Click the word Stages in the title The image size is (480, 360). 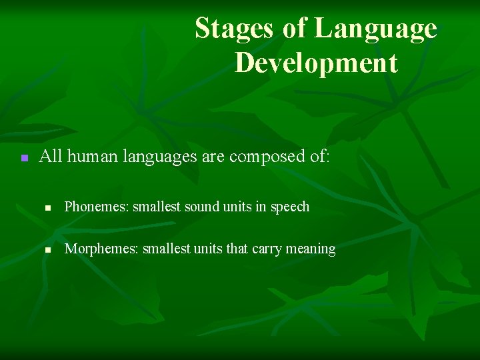tap(234, 29)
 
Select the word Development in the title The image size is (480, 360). tap(316, 63)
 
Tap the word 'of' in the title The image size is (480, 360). tap(294, 29)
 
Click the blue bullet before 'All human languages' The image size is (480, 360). tap(23, 158)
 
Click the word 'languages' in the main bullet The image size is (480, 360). tap(153, 158)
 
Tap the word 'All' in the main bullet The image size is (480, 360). tap(51, 157)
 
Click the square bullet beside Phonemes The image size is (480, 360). tap(48, 208)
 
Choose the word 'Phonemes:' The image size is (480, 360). tap(96, 207)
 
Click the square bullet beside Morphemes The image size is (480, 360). tap(48, 250)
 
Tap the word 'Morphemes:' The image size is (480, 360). tap(99, 249)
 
